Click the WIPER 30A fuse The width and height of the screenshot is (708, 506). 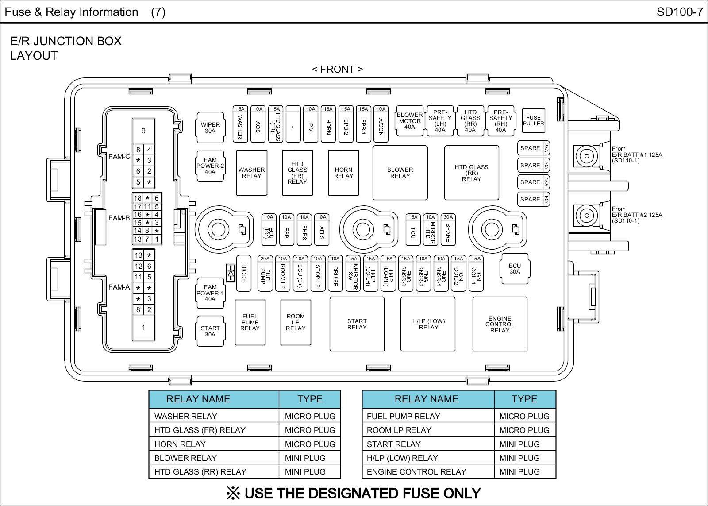click(x=210, y=127)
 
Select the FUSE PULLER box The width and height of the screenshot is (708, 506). click(x=533, y=121)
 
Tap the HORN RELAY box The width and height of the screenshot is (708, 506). click(x=343, y=173)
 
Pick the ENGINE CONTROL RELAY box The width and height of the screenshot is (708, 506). click(x=500, y=324)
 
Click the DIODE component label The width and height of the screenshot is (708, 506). click(x=244, y=273)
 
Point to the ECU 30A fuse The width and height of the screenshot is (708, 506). click(x=515, y=269)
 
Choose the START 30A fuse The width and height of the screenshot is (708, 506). click(x=210, y=331)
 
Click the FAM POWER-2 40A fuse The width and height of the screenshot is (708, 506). click(x=210, y=166)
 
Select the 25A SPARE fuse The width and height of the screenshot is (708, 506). click(x=534, y=148)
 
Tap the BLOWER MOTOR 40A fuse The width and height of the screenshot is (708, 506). click(x=410, y=121)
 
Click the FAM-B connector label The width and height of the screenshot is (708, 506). click(x=119, y=218)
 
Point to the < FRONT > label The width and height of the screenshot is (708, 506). click(x=338, y=69)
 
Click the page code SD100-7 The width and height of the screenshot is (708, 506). click(x=680, y=12)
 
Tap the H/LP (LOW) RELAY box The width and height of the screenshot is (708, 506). click(x=428, y=324)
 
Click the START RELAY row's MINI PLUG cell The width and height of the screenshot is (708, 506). click(x=519, y=444)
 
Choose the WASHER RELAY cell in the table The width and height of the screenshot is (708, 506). click(x=186, y=416)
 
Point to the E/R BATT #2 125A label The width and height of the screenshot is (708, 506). click(x=637, y=215)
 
